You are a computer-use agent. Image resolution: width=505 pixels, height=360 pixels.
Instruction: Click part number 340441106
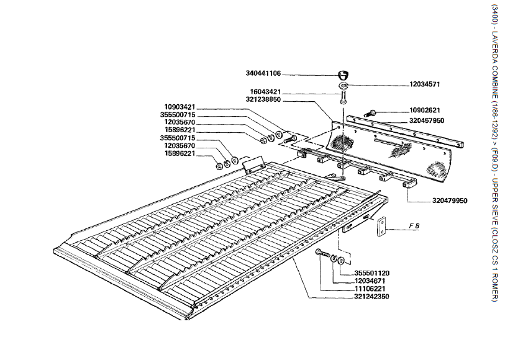[x=263, y=73]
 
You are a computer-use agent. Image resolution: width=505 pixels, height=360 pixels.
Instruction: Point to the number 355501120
[x=372, y=273]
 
